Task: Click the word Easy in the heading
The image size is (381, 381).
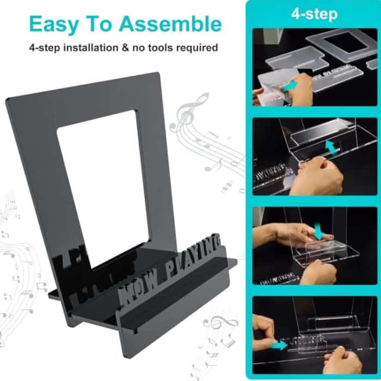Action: click(x=53, y=24)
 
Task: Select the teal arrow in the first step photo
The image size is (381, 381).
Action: click(x=290, y=86)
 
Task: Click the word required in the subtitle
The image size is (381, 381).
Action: click(x=198, y=48)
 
